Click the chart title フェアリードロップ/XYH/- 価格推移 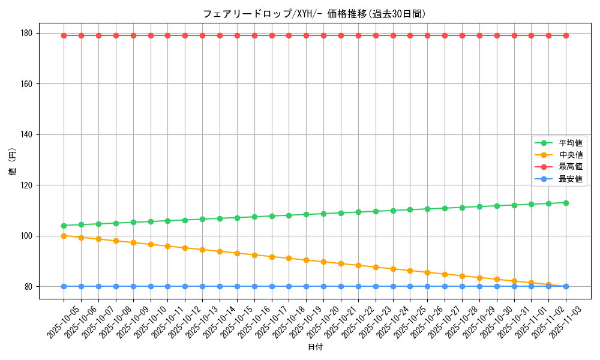click(314, 14)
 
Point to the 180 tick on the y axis click(28, 33)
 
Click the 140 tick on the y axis click(28, 134)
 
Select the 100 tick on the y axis click(28, 236)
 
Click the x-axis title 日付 click(315, 347)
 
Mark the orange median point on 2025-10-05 click(64, 236)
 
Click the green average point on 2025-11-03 click(566, 203)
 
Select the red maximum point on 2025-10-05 click(64, 35)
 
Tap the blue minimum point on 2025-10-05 click(64, 286)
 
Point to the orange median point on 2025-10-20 click(323, 262)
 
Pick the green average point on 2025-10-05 click(64, 226)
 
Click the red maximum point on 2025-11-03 click(566, 35)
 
